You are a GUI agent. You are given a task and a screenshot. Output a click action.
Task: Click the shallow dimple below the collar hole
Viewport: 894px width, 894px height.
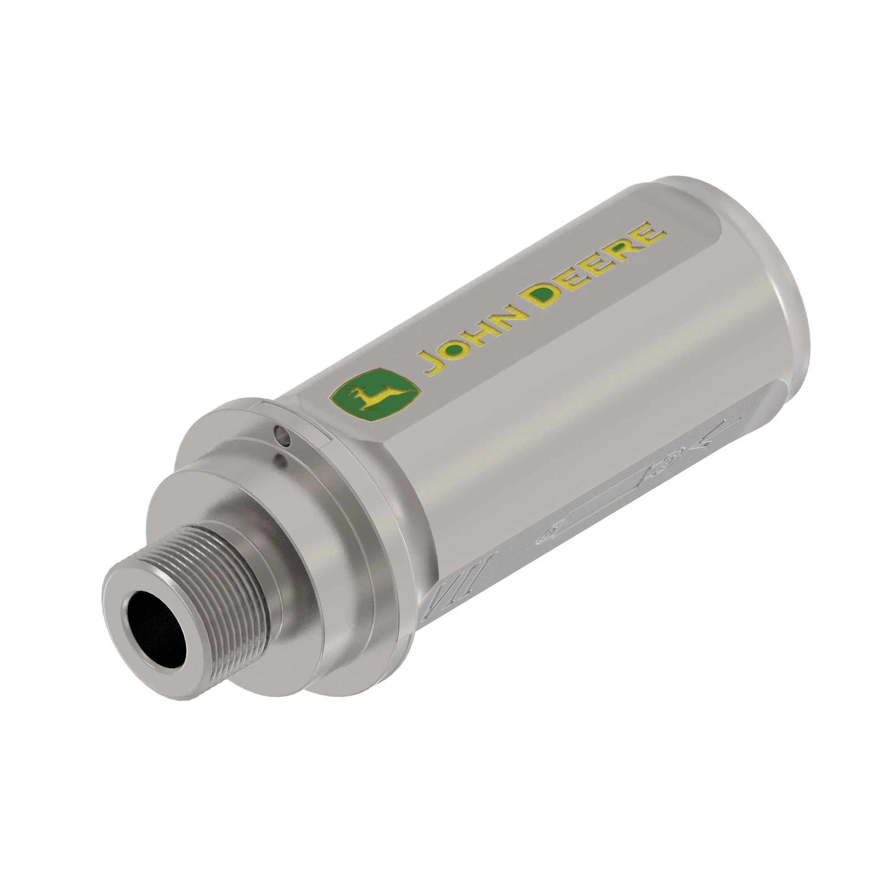pos(280,459)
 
